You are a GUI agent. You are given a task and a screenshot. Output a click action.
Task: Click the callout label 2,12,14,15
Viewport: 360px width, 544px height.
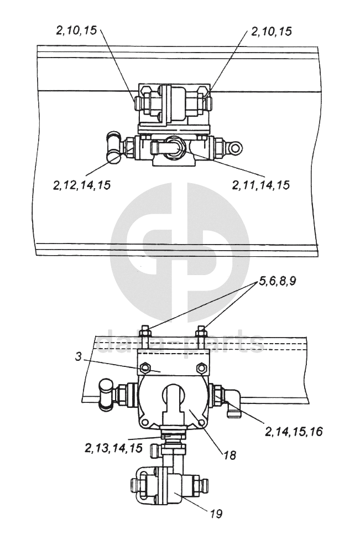[82, 185]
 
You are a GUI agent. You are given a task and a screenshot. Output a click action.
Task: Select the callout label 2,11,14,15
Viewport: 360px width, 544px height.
[261, 185]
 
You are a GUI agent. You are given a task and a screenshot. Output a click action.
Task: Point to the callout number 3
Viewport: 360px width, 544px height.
[79, 357]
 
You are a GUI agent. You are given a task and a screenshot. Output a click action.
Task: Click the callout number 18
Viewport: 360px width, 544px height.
[229, 455]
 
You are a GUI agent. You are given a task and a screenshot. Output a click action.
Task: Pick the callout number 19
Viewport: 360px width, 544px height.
[216, 514]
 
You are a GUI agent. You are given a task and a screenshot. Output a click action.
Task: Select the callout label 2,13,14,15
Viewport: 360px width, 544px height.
[113, 448]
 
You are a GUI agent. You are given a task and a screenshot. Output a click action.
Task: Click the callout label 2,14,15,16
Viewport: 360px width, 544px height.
[294, 432]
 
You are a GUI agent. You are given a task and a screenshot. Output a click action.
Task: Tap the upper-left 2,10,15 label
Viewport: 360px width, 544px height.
[76, 31]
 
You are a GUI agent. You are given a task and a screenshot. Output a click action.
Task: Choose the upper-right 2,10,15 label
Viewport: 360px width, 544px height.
[271, 32]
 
